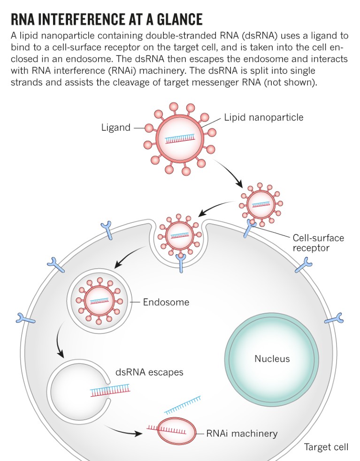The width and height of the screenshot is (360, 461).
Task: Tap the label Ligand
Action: tap(116, 127)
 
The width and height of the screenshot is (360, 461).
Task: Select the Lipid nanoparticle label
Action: tap(263, 117)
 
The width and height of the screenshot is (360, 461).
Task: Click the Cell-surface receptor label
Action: tap(318, 242)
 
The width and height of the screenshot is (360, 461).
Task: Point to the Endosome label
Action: tap(166, 302)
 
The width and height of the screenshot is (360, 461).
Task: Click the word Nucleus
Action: tap(272, 359)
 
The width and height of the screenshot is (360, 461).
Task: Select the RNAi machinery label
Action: tap(242, 433)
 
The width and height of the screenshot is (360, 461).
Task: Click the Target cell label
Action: tap(326, 446)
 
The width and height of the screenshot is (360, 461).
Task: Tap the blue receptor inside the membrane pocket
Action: tap(181, 263)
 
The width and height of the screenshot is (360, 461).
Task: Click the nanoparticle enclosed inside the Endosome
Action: tap(99, 301)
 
